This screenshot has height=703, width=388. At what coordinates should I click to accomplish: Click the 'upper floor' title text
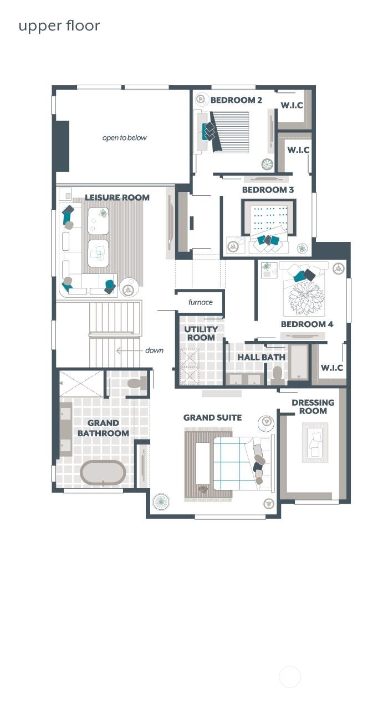[x=59, y=26]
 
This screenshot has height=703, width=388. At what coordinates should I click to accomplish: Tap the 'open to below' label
[x=125, y=138]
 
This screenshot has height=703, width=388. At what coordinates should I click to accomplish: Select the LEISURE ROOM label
[x=117, y=198]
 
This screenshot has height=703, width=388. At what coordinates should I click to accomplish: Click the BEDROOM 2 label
[x=236, y=100]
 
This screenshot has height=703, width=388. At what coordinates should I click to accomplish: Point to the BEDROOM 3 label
[x=268, y=190]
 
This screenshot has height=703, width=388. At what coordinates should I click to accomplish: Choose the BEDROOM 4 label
[x=307, y=324]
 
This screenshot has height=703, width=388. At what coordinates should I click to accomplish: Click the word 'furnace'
[x=200, y=302]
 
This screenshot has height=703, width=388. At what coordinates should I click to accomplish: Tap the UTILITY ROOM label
[x=201, y=333]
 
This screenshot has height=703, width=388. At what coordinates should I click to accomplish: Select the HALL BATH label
[x=261, y=358]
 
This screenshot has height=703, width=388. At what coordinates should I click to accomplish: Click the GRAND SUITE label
[x=212, y=417]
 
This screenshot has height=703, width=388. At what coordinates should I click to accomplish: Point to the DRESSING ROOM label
[x=313, y=407]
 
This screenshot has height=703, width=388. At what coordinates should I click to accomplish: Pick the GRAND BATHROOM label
[x=103, y=428]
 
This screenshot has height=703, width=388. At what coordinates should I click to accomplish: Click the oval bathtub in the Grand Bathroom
[x=103, y=473]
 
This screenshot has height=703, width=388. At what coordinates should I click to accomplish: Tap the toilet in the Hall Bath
[x=277, y=375]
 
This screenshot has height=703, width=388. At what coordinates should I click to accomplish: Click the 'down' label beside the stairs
[x=154, y=350]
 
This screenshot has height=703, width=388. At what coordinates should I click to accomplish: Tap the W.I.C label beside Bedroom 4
[x=331, y=368]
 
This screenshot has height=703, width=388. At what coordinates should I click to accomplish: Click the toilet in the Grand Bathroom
[x=135, y=384]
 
